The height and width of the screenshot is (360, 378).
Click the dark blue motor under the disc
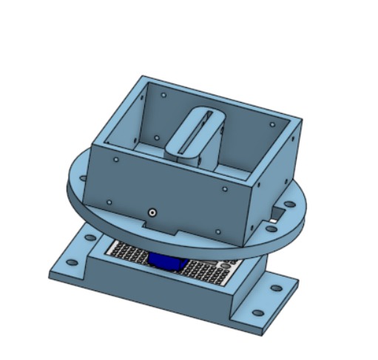click(x=169, y=261)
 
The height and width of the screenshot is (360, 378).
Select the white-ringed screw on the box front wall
click(x=152, y=212)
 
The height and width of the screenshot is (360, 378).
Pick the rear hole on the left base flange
click(x=90, y=239)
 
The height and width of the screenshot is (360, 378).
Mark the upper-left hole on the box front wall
click(x=116, y=158)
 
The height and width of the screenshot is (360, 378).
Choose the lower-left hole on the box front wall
click(x=109, y=202)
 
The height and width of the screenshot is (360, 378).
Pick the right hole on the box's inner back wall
click(x=277, y=125)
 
